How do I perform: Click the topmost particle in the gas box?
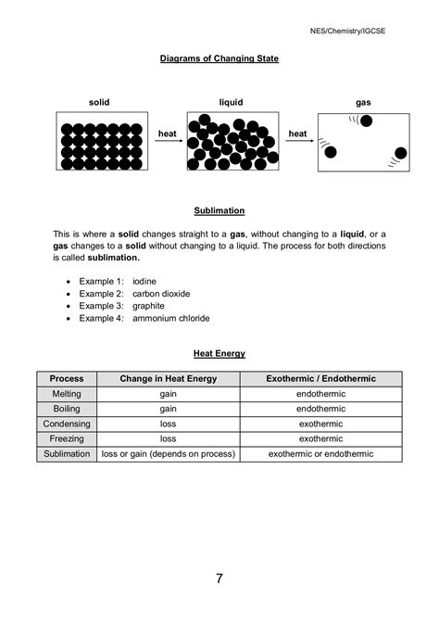click(366, 120)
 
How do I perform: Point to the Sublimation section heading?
click(219, 210)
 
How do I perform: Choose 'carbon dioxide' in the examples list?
click(161, 292)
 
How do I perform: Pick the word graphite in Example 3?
click(150, 305)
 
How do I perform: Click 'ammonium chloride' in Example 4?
click(171, 318)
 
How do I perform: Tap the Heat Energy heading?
click(219, 353)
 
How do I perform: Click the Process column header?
click(67, 378)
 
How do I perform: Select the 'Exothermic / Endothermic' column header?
click(320, 378)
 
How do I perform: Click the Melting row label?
click(67, 394)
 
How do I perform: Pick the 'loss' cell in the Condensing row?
click(168, 424)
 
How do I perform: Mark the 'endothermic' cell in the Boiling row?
click(320, 409)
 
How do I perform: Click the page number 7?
click(219, 579)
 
